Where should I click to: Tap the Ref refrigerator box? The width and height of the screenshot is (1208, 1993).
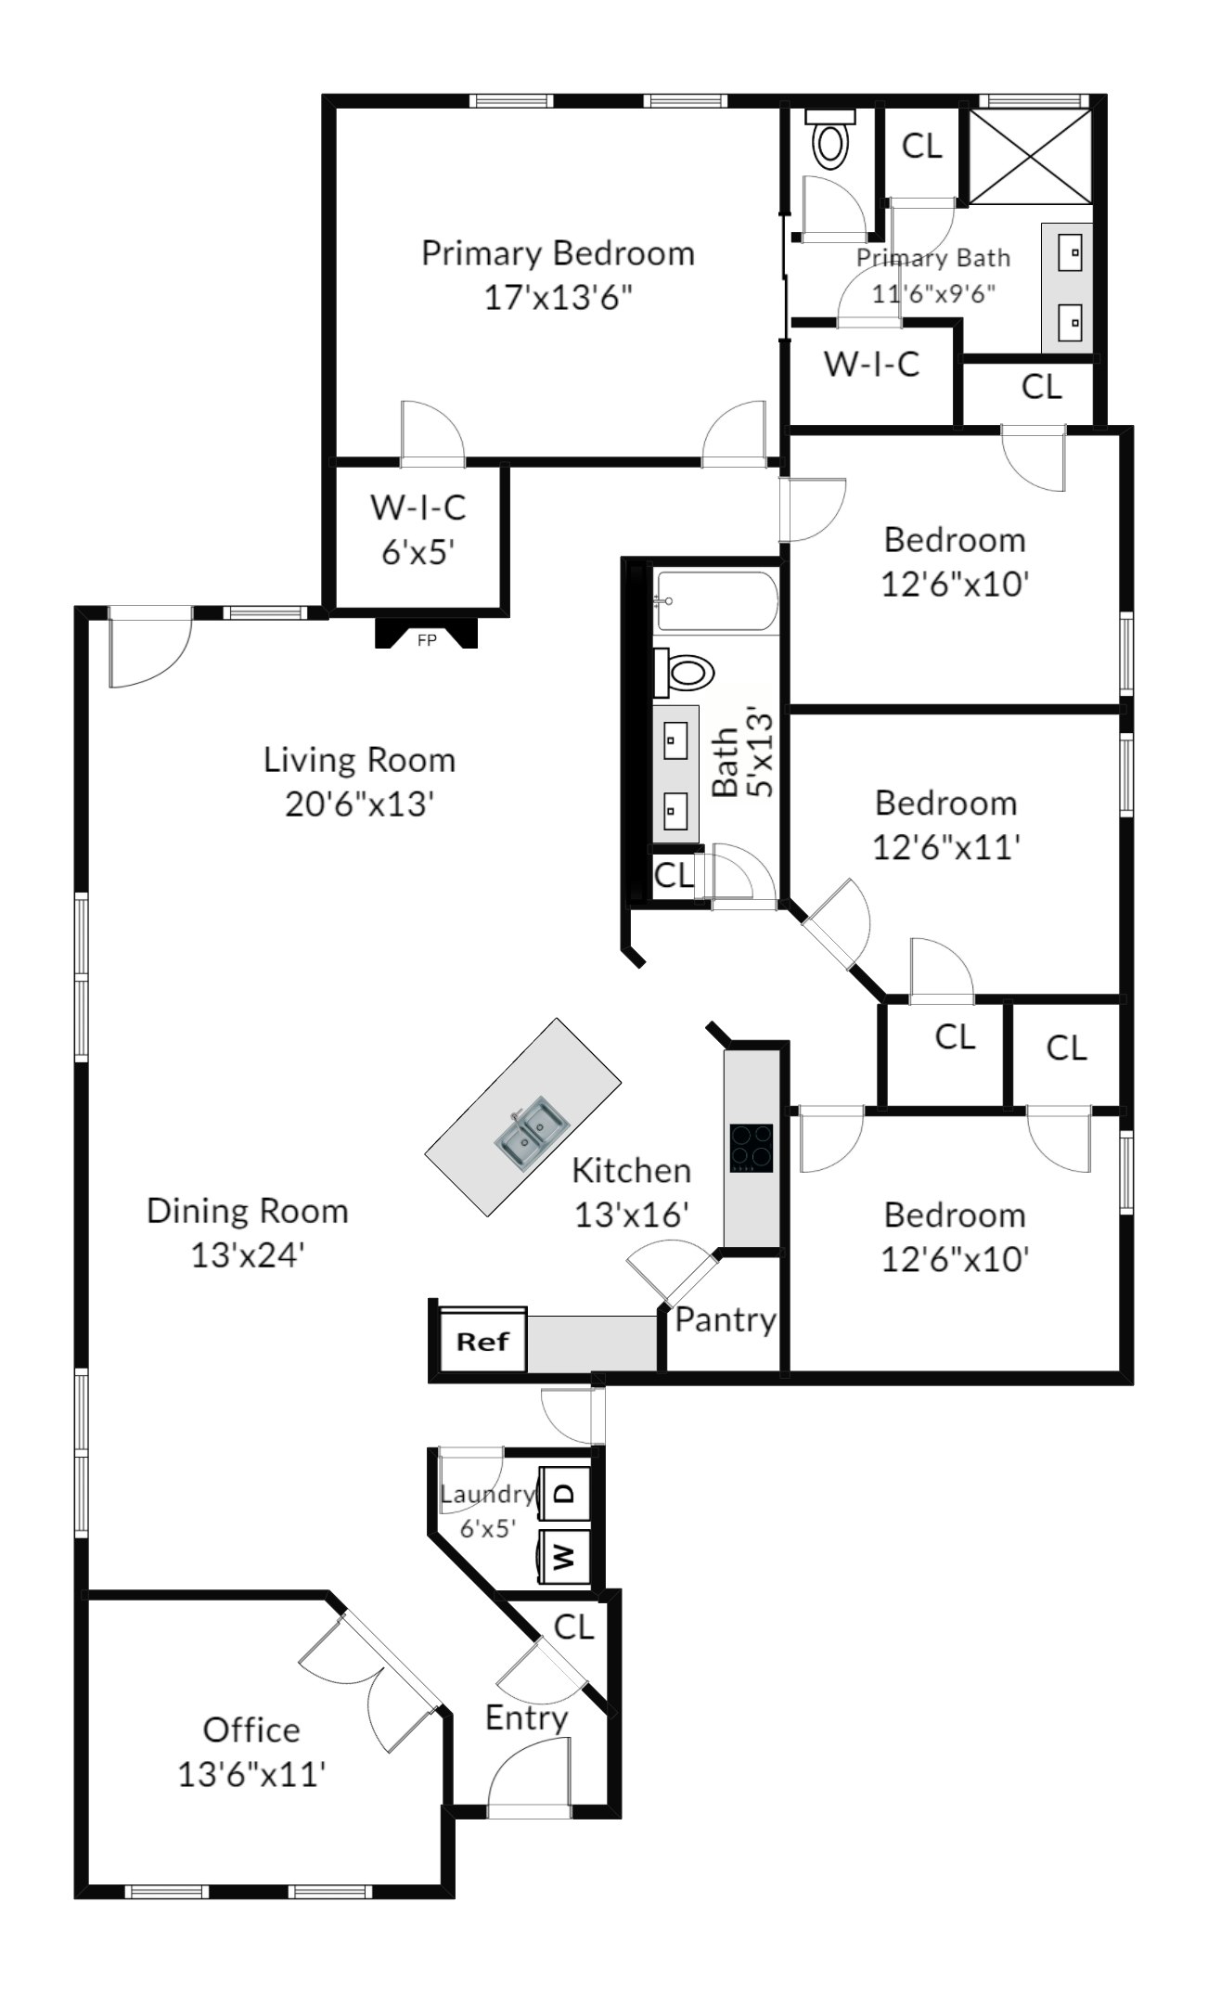(482, 1341)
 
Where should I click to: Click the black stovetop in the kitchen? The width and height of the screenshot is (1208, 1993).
(751, 1149)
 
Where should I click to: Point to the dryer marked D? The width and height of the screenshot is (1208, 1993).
(564, 1495)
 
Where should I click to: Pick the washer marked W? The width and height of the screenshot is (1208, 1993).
(564, 1557)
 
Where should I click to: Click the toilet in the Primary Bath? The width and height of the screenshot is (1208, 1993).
(829, 139)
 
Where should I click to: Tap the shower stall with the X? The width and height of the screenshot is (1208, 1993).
(1030, 155)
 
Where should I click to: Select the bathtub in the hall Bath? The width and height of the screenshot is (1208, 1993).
(715, 601)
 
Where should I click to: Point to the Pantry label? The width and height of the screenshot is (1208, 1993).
(726, 1319)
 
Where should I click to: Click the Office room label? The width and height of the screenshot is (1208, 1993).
(251, 1729)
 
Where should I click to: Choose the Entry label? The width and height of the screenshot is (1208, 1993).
(526, 1717)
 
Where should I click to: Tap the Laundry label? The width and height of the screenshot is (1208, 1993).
(488, 1494)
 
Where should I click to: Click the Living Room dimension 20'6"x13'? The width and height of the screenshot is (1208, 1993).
(360, 804)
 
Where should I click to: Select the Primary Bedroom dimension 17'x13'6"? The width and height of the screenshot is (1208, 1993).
(559, 298)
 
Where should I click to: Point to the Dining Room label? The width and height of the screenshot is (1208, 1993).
(248, 1211)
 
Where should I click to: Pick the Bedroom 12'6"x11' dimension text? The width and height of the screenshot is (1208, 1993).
(946, 847)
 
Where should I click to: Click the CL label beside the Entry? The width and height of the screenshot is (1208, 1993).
(573, 1627)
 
